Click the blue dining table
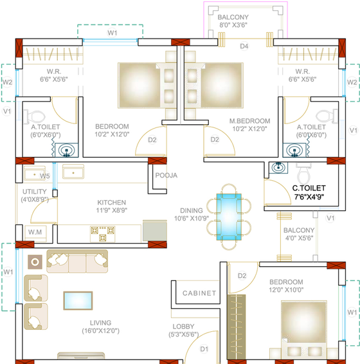[229, 217]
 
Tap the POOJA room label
[166, 176]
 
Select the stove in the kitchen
[103, 234]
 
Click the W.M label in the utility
[35, 232]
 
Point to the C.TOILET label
[309, 188]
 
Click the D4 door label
[244, 46]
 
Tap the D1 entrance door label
[204, 349]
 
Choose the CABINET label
[199, 293]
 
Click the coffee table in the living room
[78, 300]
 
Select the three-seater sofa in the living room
[77, 261]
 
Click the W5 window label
[44, 176]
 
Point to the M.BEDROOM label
[249, 121]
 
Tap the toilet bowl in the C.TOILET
[303, 174]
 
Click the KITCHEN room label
[112, 203]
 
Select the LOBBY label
[183, 327]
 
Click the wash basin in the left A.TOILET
[67, 150]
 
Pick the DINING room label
[192, 210]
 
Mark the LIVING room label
[100, 323]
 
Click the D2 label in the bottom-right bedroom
[242, 276]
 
